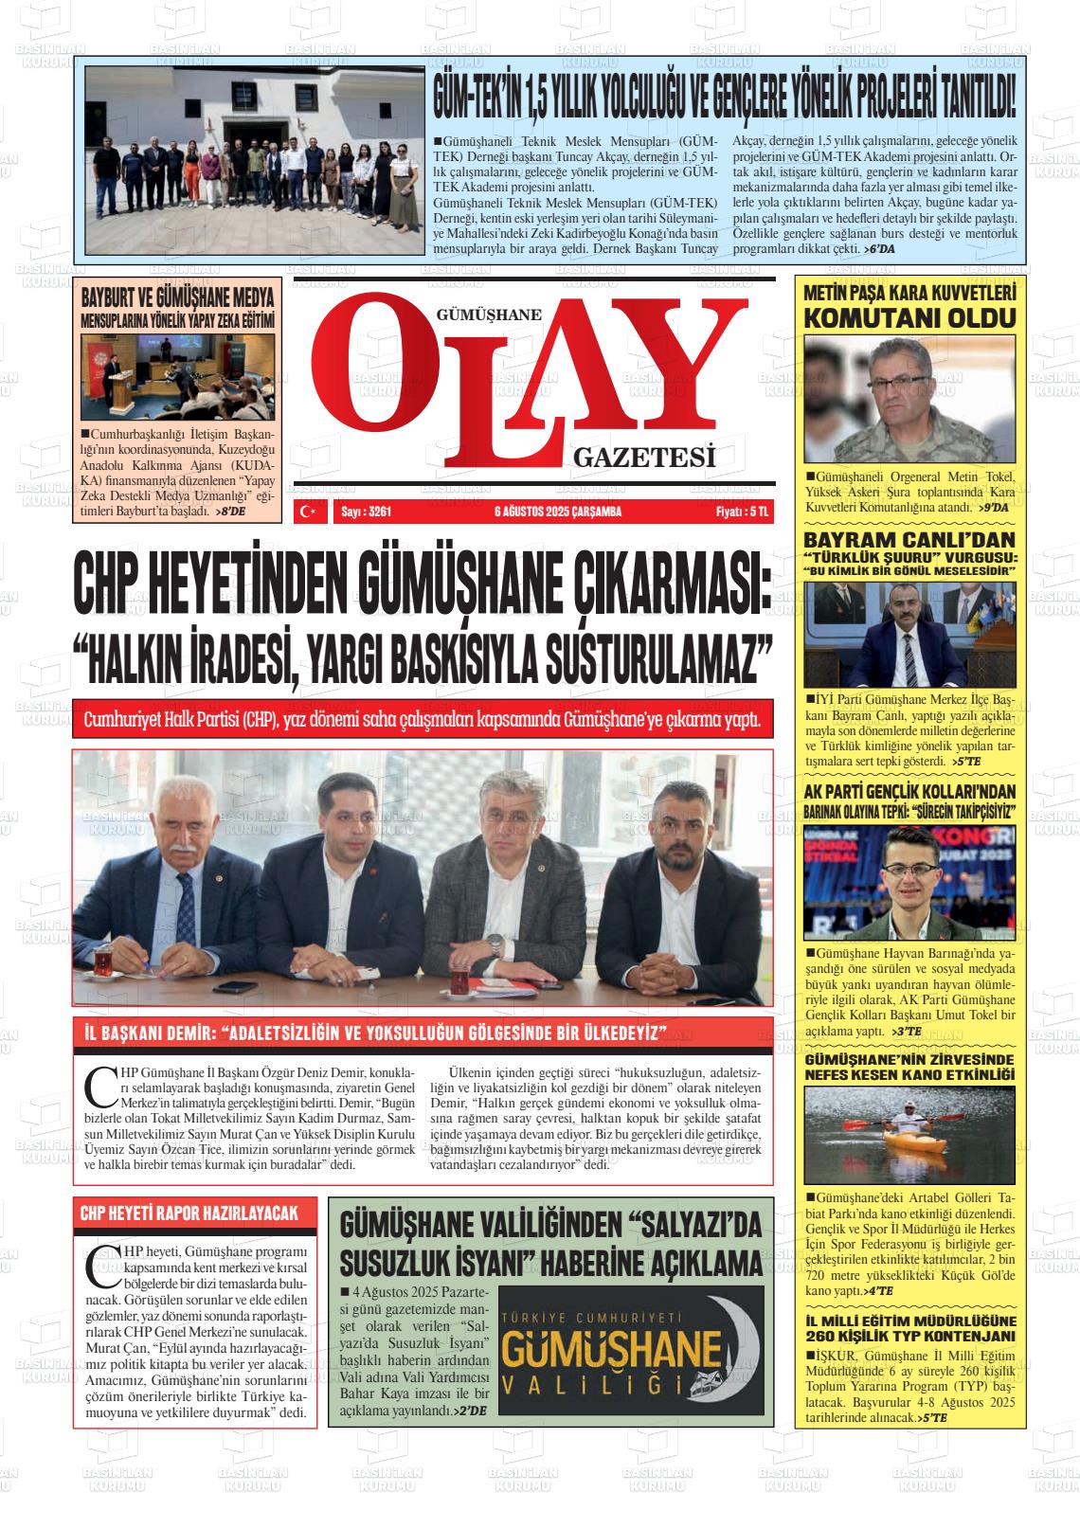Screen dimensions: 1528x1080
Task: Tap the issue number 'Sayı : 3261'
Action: (366, 512)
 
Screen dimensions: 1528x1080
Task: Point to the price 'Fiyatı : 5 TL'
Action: (744, 512)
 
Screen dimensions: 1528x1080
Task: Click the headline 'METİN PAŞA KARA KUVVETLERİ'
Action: (909, 293)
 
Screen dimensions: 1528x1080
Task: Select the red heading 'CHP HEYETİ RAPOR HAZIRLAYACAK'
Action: (189, 1213)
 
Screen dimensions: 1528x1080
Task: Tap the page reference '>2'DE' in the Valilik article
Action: (470, 1411)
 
